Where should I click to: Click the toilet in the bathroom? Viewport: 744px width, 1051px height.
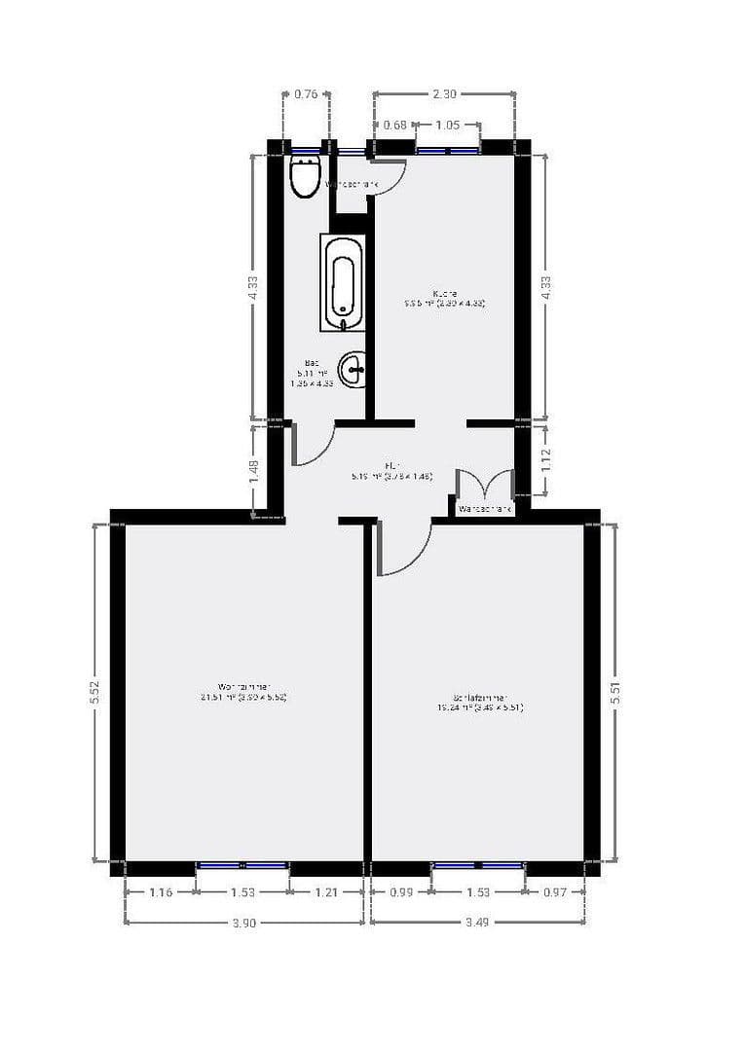[305, 176]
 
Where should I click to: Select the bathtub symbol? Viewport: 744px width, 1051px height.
[342, 281]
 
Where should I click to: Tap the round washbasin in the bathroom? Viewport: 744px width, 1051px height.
[353, 368]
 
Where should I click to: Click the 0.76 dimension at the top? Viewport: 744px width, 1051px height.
[306, 94]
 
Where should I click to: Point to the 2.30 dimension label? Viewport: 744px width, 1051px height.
[444, 94]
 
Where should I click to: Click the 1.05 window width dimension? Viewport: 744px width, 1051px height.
[447, 125]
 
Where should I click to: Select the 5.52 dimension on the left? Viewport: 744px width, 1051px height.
[93, 693]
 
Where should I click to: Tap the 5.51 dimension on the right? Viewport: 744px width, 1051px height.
[614, 693]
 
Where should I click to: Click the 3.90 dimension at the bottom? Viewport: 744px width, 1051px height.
[243, 924]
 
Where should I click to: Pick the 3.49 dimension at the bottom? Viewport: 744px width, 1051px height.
[478, 924]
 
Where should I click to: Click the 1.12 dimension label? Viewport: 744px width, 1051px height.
[546, 459]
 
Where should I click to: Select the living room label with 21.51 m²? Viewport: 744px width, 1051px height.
[242, 690]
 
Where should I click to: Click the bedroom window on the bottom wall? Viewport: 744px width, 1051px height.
[478, 864]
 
